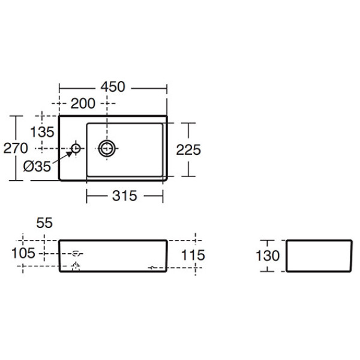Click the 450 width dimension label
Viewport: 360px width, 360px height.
113,87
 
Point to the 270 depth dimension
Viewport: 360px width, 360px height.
13,148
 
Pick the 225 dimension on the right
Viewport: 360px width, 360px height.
188,149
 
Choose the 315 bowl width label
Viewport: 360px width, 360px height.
125,196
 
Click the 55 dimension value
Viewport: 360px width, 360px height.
44,223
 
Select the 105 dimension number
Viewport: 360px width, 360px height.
24,254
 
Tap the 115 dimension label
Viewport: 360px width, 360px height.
193,255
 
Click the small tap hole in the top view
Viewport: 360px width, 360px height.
77,148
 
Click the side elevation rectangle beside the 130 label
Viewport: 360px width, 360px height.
316,256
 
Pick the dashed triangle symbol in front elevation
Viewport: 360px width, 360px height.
75,265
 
